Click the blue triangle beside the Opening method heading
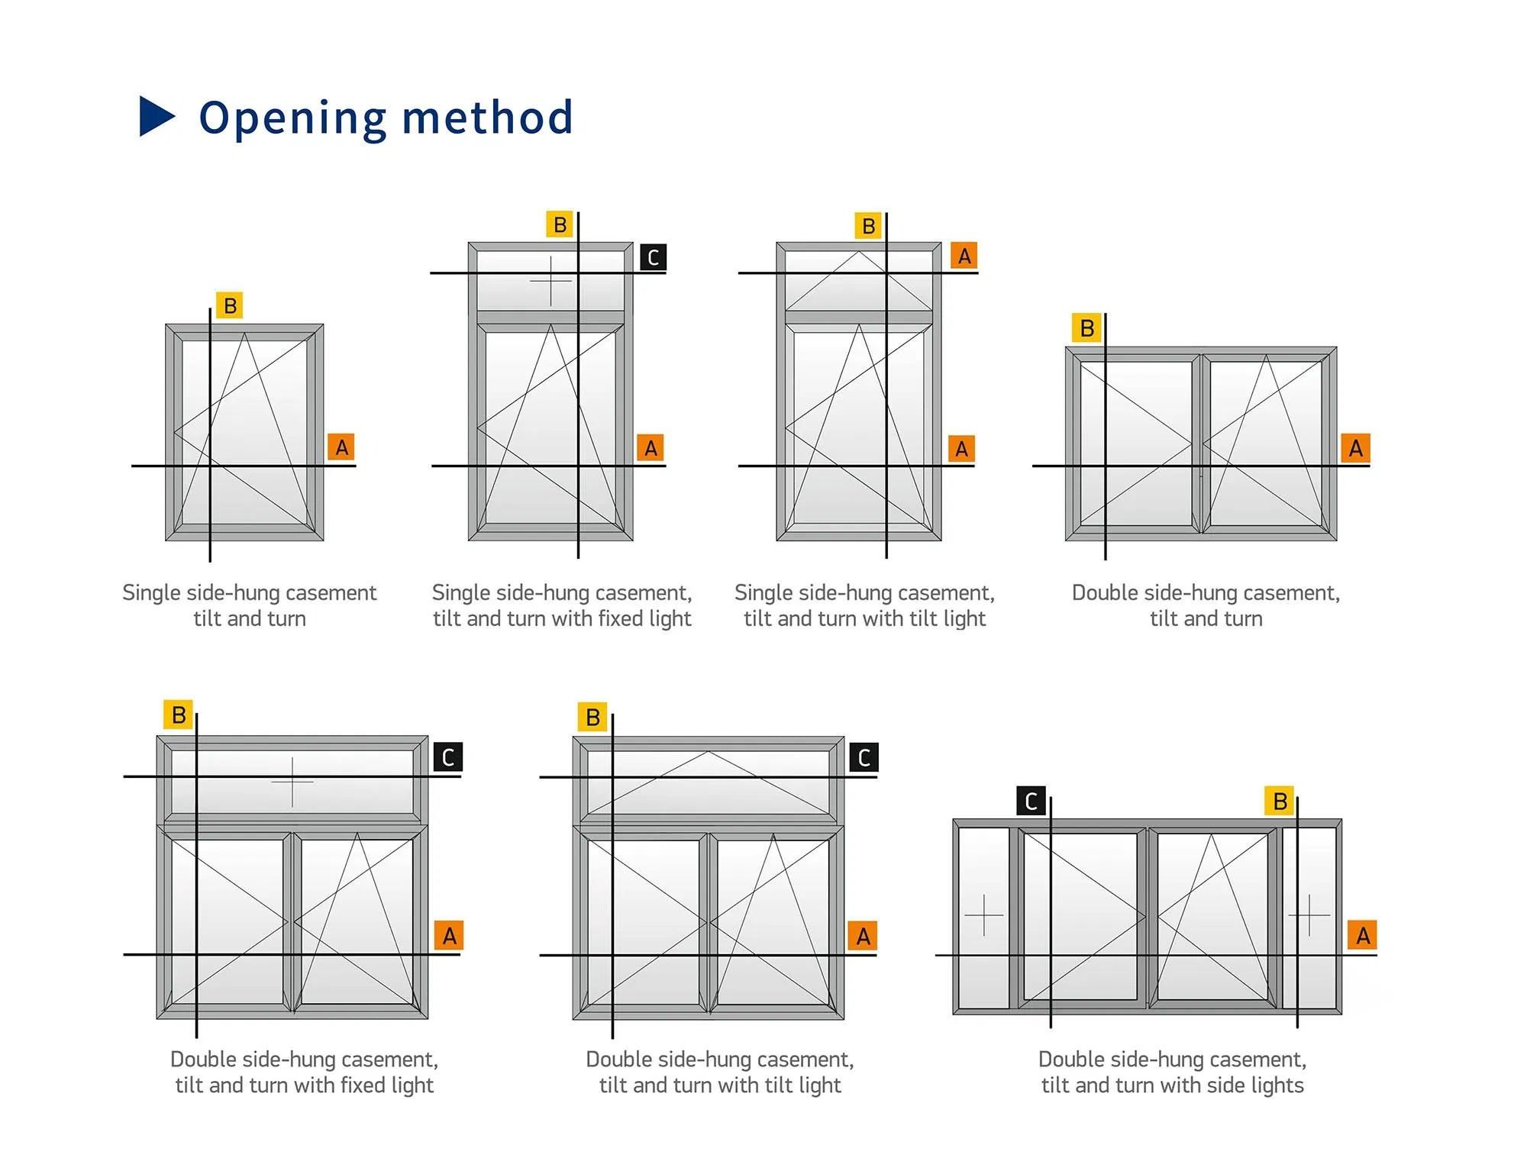point(157,117)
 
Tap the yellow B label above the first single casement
point(230,305)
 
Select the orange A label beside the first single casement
point(342,447)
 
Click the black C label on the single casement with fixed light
point(653,257)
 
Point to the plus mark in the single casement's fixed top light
point(550,281)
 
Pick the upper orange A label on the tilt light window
point(964,256)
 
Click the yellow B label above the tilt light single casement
point(868,226)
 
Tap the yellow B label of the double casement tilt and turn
point(1087,328)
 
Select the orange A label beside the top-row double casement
point(1355,448)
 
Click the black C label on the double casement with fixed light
point(448,757)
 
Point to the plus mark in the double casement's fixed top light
point(292,782)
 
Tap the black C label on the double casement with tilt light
point(864,757)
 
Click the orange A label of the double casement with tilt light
point(863,936)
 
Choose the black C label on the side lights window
point(1031,801)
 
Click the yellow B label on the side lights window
point(1280,801)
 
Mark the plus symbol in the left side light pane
point(983,915)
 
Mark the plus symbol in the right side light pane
point(1309,915)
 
